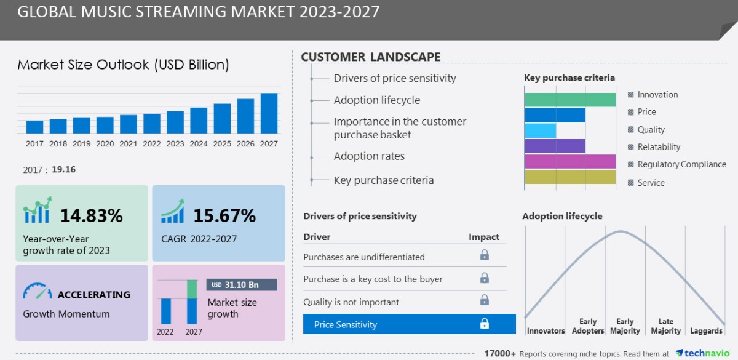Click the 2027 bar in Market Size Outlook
[x=269, y=113]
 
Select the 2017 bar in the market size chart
[x=34, y=127]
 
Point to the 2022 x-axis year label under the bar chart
[x=152, y=144]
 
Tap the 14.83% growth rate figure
[x=91, y=216]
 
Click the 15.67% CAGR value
[x=224, y=216]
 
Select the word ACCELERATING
[x=93, y=295]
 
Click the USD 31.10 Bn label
[x=242, y=285]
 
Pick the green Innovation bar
[x=569, y=100]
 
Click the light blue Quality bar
[x=540, y=130]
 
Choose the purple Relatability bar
[x=554, y=146]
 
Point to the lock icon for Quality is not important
[x=485, y=300]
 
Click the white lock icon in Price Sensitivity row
[x=485, y=324]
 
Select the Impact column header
[x=484, y=237]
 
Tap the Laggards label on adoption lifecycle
[x=706, y=331]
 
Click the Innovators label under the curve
[x=546, y=331]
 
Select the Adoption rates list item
[x=369, y=156]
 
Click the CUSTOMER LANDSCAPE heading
[x=370, y=57]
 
